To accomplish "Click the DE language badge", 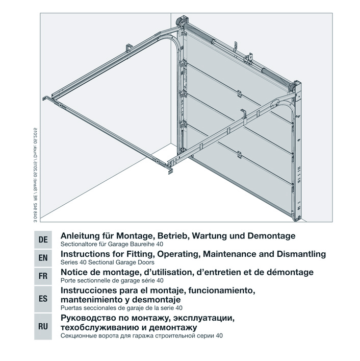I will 43,239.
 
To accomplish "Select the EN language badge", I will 43,258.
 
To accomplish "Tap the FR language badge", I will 43,276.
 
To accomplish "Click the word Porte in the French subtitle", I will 68,280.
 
